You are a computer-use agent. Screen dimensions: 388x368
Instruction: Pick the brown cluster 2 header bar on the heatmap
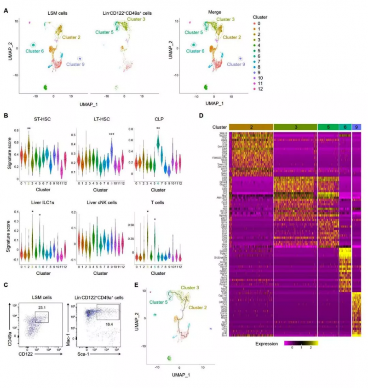point(251,127)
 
